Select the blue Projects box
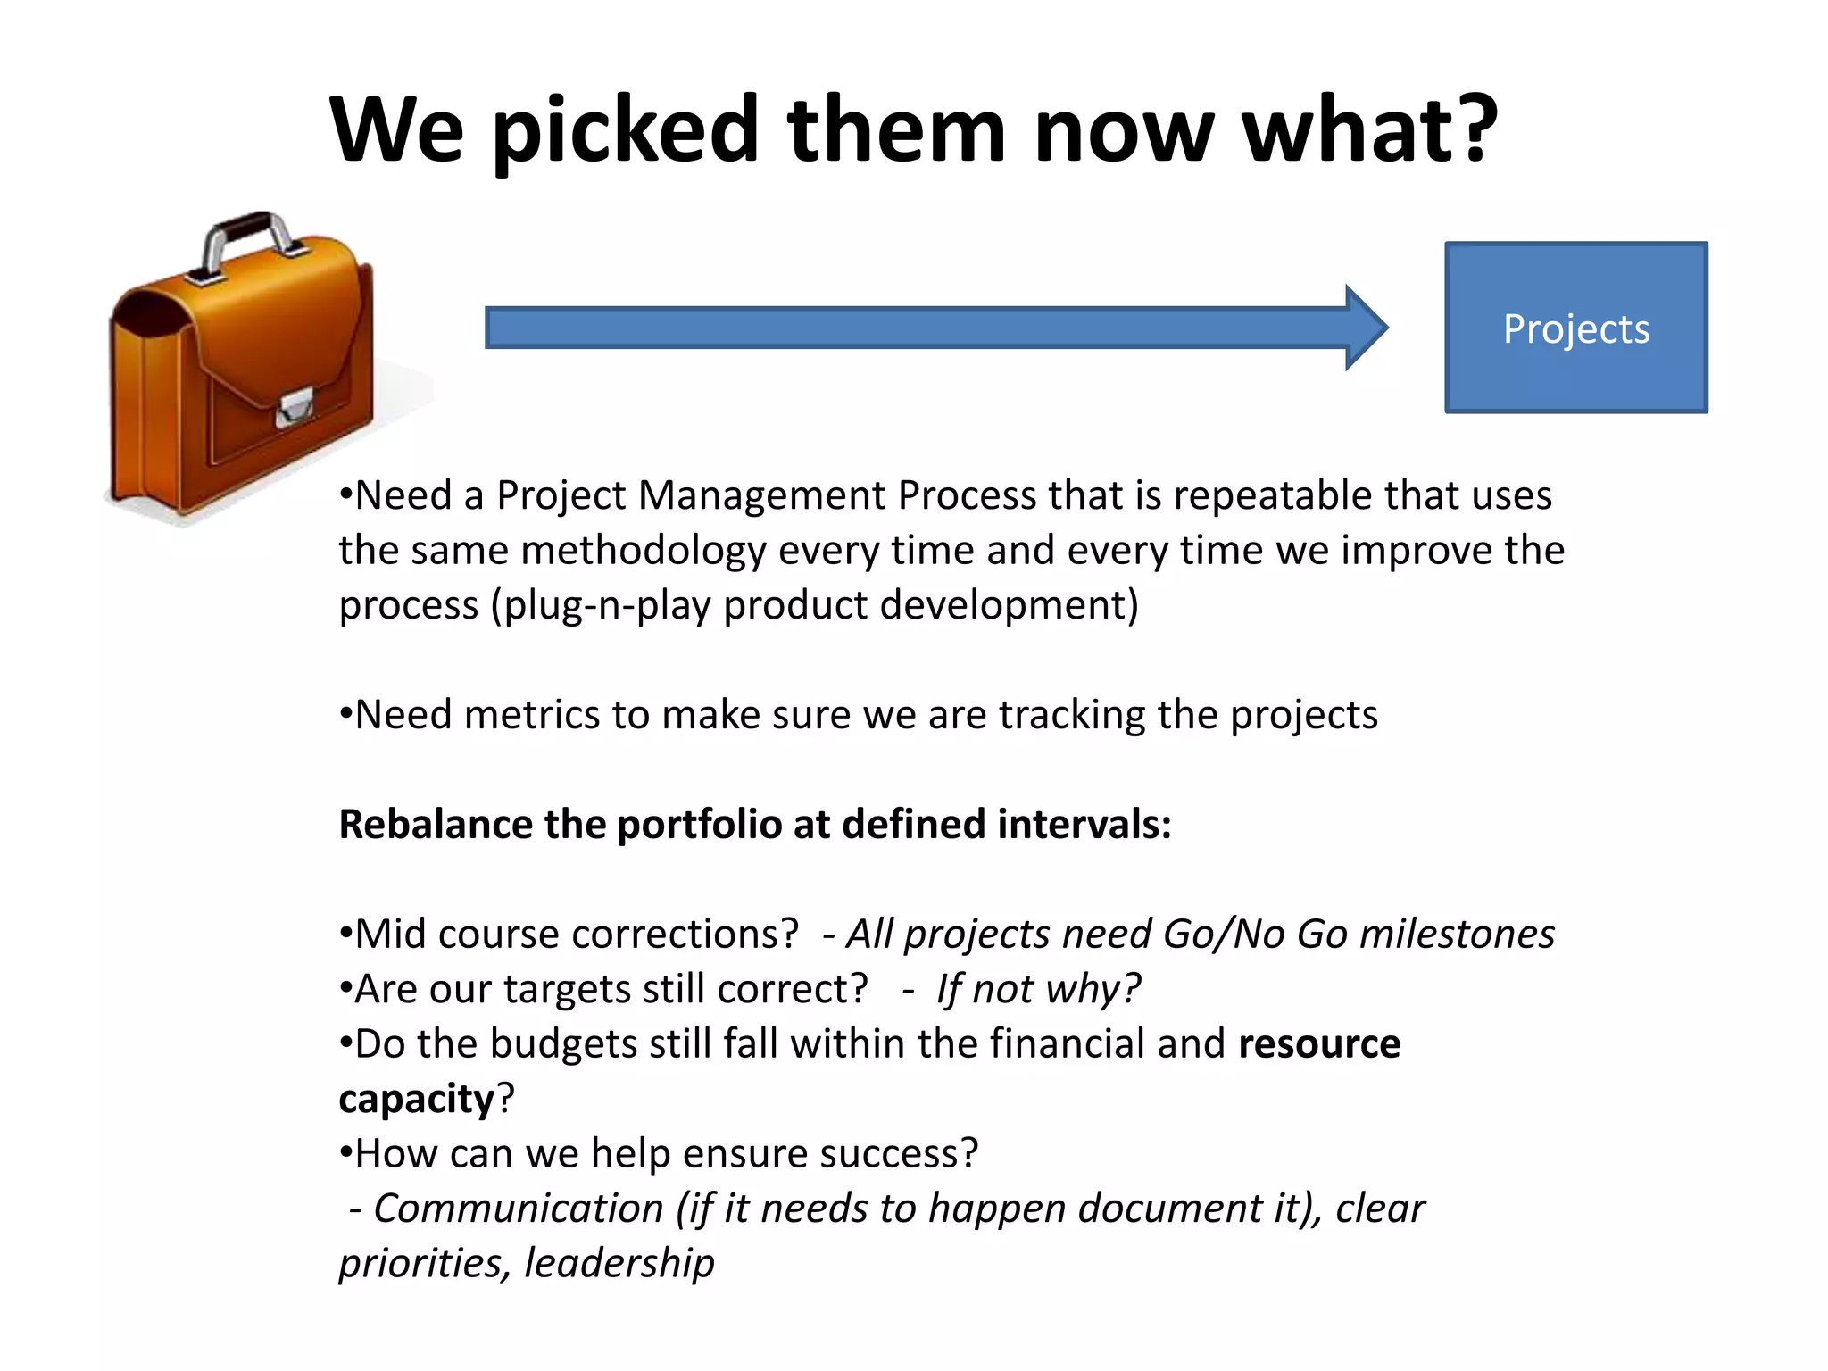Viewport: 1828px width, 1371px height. coord(1575,328)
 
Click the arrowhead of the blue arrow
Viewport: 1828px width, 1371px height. coord(1366,328)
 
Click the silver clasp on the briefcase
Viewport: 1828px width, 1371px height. coord(294,408)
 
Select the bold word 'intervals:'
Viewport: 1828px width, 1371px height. coord(1084,824)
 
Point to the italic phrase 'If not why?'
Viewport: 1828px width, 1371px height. coord(1038,989)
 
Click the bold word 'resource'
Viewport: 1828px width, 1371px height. coord(1319,1044)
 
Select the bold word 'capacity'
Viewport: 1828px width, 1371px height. coord(416,1099)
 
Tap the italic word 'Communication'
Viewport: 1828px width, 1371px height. coord(518,1209)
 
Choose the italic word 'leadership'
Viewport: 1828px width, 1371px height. coord(619,1263)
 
